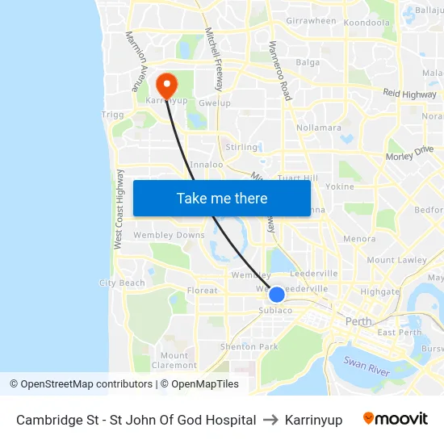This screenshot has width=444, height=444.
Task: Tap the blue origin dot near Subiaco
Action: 276,295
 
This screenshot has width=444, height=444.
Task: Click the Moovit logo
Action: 396,419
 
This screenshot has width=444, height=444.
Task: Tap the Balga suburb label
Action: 308,62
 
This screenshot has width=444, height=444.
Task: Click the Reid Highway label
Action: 409,94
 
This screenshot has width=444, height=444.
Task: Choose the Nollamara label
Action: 319,128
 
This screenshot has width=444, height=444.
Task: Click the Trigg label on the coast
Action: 112,115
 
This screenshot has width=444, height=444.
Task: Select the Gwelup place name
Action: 214,103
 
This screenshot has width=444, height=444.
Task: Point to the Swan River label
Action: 367,367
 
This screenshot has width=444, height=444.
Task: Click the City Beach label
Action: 122,283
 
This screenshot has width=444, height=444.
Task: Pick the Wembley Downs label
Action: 170,235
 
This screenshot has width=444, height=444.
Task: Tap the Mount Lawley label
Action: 396,260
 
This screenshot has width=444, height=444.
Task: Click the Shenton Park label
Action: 249,347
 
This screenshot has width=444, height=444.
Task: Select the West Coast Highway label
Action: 118,209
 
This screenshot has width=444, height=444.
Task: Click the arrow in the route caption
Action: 270,420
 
